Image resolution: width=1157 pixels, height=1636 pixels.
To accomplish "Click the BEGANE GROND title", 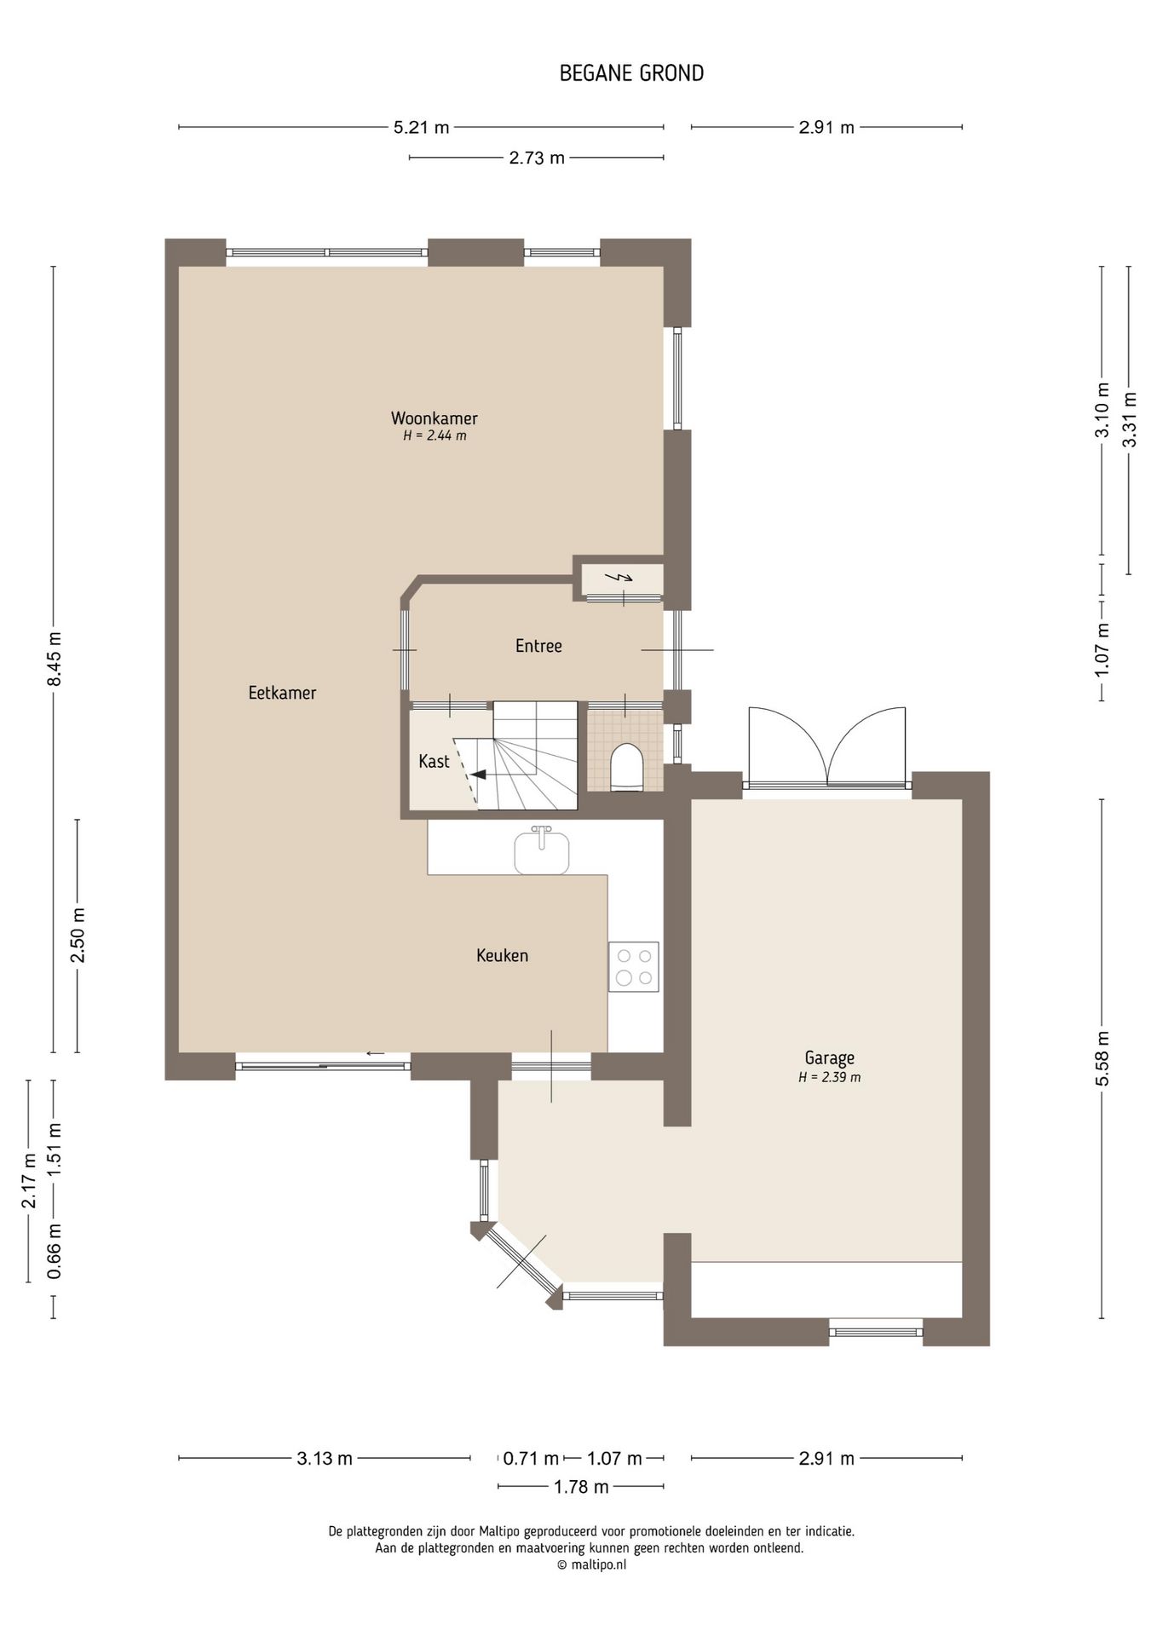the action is (631, 73).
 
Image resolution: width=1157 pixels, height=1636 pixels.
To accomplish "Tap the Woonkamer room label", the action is (435, 418).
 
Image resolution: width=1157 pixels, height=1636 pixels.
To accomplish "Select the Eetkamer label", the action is (282, 693).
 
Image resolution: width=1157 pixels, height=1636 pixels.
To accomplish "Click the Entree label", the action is (538, 646).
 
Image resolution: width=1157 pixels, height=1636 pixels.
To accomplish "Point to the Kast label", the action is (434, 761).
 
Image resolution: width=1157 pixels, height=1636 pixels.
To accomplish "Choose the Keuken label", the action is (502, 955).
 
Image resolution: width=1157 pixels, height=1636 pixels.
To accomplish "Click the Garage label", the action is (829, 1058).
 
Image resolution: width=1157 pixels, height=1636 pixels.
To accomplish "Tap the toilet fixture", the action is (626, 766).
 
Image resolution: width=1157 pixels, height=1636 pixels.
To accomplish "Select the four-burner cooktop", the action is (634, 966).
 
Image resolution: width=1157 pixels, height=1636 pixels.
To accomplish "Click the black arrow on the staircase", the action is (478, 775).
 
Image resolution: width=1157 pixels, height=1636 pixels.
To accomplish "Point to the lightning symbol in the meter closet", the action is (619, 577).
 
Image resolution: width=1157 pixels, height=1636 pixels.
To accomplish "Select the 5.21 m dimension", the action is (421, 128).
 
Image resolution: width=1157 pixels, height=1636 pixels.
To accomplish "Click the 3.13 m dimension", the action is (325, 1458).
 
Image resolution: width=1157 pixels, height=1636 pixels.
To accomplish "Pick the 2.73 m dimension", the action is (537, 158).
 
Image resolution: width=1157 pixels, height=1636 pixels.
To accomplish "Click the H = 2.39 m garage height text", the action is (829, 1077).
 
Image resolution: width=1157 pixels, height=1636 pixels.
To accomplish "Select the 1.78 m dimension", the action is (581, 1487).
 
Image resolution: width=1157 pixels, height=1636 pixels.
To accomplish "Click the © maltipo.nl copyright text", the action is (591, 1564).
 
